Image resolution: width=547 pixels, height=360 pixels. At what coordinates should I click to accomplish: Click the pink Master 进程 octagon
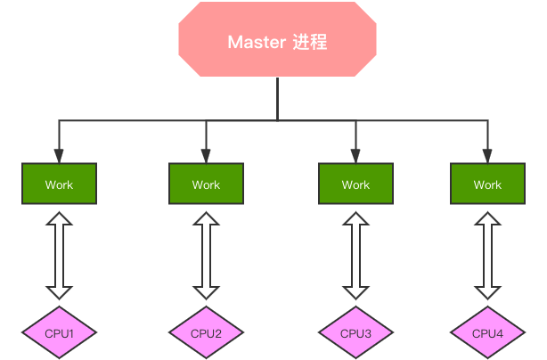pos(277,39)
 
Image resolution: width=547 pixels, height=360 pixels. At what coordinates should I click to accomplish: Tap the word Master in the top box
pos(257,42)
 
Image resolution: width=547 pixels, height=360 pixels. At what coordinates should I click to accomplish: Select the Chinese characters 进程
pos(310,42)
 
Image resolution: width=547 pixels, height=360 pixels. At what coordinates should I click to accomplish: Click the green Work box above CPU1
pos(59,184)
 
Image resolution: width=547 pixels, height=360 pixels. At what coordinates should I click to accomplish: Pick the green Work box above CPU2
pos(206,184)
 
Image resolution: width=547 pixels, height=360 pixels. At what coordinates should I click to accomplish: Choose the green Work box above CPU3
pos(355,184)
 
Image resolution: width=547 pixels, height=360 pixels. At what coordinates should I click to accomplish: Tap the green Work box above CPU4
pos(487,184)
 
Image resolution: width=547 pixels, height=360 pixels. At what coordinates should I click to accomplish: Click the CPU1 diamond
pos(59,332)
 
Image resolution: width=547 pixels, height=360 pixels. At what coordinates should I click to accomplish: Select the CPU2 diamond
pos(206,332)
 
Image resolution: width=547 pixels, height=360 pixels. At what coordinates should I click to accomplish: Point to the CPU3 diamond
pos(355,332)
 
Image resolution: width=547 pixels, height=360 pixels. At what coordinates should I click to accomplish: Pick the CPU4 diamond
pos(487,332)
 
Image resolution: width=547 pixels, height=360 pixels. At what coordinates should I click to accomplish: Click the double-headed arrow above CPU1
pos(59,256)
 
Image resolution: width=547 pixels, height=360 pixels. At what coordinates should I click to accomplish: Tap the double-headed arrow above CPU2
pos(206,256)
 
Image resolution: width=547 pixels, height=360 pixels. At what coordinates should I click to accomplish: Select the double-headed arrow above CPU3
pos(355,256)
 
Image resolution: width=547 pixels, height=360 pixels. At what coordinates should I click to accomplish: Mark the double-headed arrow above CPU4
pos(487,256)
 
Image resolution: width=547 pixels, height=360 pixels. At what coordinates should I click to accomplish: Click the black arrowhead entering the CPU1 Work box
pos(59,156)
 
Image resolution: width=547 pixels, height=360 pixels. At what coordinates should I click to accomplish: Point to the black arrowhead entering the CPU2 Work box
pos(206,156)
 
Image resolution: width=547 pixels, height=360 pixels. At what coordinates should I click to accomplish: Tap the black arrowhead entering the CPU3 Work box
pos(355,156)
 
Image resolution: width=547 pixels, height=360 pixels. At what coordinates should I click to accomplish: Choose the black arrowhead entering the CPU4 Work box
pos(487,156)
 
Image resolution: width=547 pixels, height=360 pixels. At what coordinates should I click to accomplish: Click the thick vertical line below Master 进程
pos(277,99)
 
